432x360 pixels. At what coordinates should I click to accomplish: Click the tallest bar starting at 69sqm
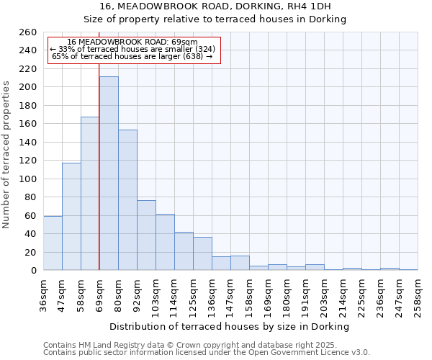(109, 173)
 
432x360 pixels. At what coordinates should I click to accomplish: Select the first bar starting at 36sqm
(53, 243)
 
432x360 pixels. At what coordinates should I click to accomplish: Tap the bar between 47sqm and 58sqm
(71, 216)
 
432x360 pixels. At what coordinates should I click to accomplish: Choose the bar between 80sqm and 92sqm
(127, 199)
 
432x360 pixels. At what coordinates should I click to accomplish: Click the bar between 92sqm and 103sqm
(146, 235)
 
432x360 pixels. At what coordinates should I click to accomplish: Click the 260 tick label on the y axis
(28, 32)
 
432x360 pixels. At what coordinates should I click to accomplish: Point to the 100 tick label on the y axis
(28, 179)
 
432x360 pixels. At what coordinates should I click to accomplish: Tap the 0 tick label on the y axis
(33, 271)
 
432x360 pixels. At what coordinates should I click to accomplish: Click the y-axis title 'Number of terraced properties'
(6, 155)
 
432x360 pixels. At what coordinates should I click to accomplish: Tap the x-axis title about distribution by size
(230, 326)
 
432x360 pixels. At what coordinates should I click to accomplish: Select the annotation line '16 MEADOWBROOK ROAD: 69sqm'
(133, 42)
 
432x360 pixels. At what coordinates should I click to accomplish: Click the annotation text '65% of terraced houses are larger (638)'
(133, 56)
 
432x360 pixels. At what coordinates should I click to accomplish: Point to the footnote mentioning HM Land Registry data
(205, 345)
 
